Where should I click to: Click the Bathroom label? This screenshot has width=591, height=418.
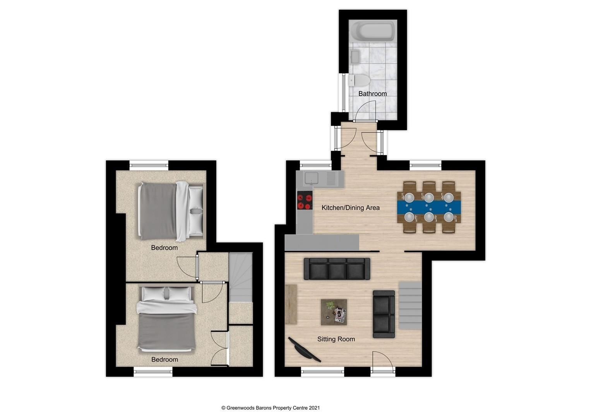pos(372,94)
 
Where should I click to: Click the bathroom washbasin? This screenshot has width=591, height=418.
pos(355,57)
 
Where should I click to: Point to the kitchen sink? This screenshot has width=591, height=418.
pos(311,178)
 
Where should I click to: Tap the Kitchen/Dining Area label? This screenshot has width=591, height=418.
pos(350,208)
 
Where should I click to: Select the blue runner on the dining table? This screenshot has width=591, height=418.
pos(429,207)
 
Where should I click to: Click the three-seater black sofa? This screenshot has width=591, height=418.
pos(337,269)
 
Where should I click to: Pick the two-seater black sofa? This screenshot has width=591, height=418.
pos(384,314)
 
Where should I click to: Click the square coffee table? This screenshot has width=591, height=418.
pos(334,312)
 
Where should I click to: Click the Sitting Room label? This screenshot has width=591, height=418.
pos(336,339)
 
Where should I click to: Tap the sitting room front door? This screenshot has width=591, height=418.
pos(383,363)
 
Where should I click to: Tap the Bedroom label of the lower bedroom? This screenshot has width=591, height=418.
pos(164,360)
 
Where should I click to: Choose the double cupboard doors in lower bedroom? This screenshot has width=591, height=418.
pos(219,348)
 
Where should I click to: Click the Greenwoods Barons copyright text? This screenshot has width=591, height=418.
pos(270,408)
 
